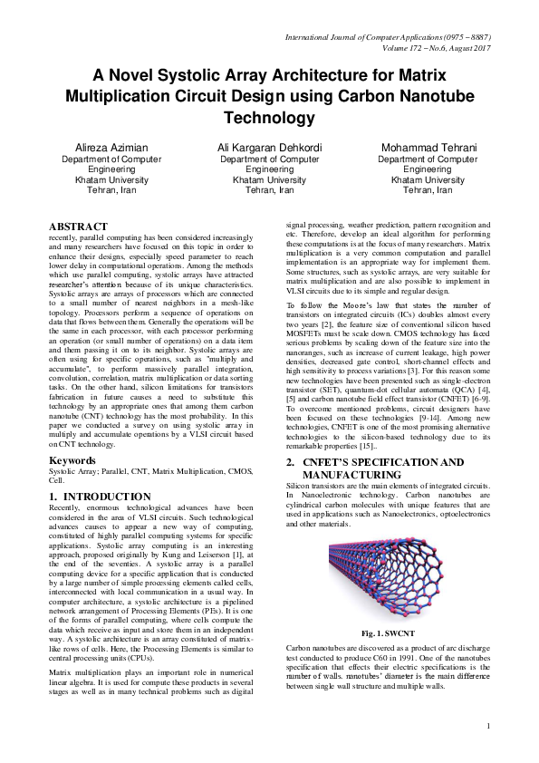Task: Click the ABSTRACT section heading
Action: coord(77,226)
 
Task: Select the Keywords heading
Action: coord(72,460)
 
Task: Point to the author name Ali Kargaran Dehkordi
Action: coord(269,147)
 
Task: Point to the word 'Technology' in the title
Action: coord(270,118)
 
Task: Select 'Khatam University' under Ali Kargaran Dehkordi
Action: coord(269,179)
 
